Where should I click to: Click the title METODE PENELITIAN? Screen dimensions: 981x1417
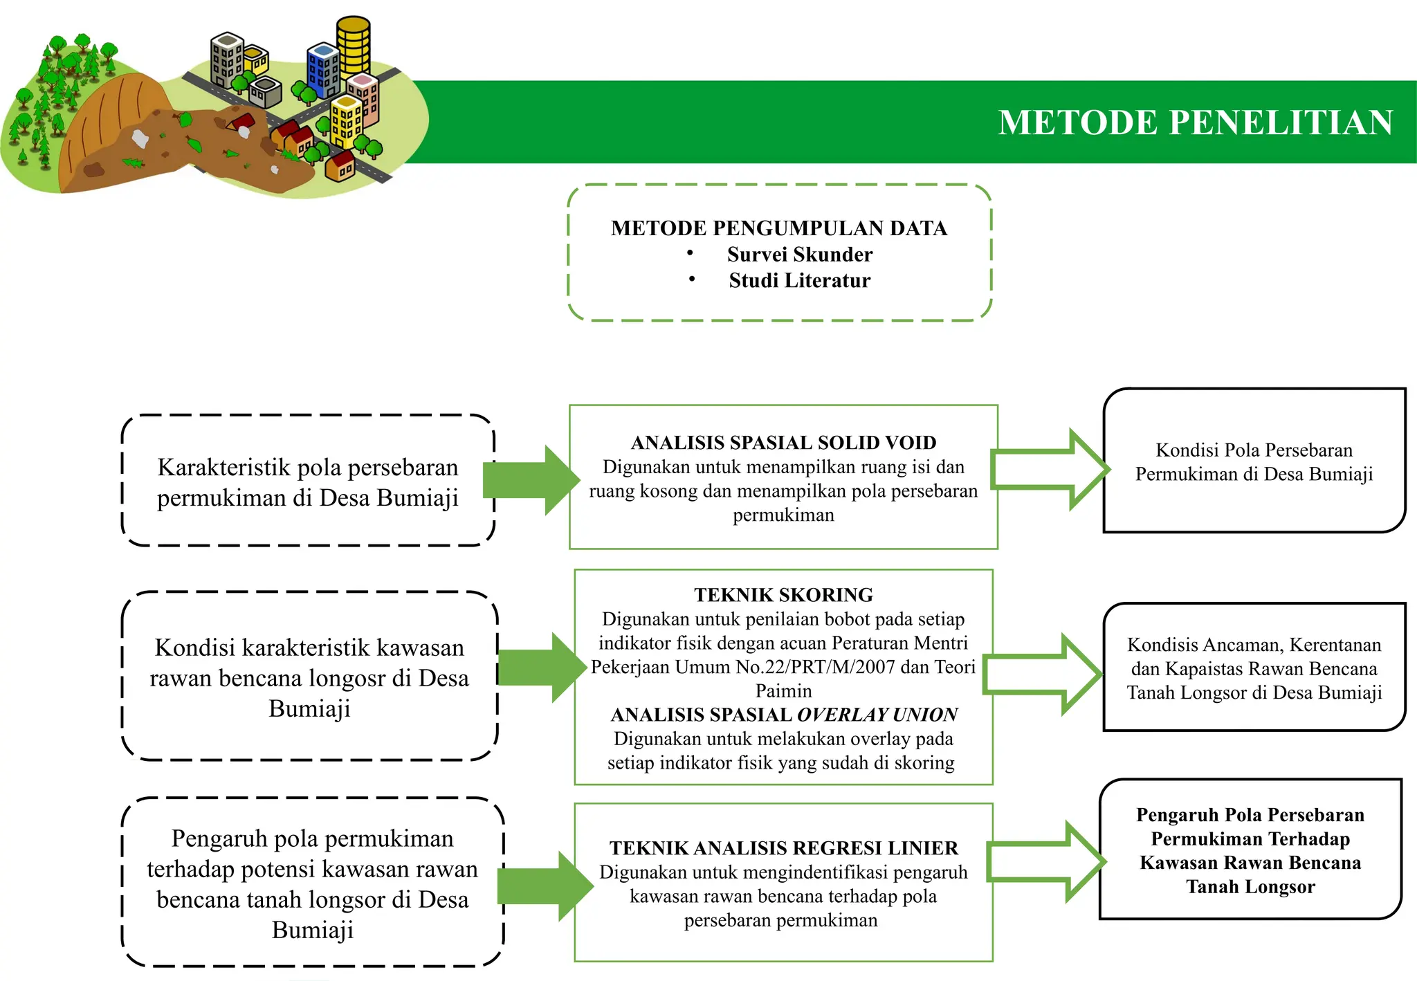[x=1195, y=122]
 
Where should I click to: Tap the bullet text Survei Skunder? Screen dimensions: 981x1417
[x=799, y=255]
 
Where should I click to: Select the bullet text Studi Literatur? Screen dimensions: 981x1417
[x=799, y=280]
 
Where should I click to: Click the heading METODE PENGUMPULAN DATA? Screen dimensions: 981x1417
[x=779, y=228]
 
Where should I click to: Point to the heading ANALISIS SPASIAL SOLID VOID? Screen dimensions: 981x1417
[x=783, y=443]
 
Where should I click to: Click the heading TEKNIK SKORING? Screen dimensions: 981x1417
[x=783, y=595]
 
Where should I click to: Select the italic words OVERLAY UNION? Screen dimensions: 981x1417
[x=877, y=715]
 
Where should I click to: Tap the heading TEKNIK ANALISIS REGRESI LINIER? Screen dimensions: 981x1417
[x=783, y=848]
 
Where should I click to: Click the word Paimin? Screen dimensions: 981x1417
[x=783, y=690]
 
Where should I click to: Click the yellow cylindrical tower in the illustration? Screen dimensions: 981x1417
[x=354, y=45]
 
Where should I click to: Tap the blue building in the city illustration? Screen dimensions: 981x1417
[x=322, y=70]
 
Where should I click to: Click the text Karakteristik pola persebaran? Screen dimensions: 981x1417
[x=308, y=468]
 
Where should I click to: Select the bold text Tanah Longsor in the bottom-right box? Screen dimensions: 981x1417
[x=1250, y=887]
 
